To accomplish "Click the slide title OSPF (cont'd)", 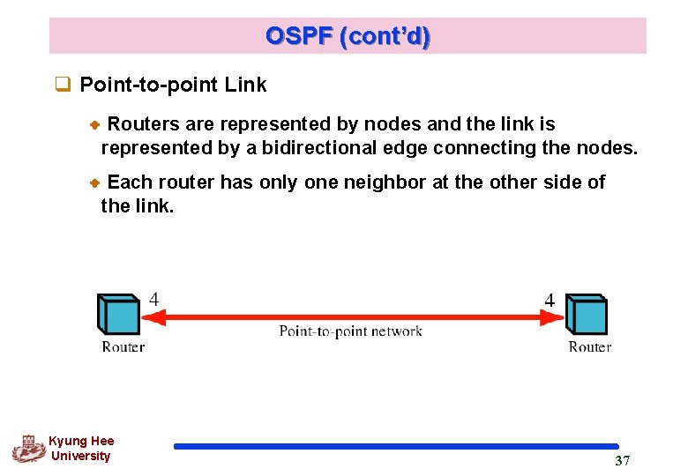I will pyautogui.click(x=348, y=36).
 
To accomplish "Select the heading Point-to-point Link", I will pyautogui.click(x=173, y=86).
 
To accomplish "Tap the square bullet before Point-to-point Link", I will pyautogui.click(x=63, y=86).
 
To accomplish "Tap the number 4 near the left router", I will pyautogui.click(x=153, y=299).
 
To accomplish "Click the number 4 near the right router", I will pyautogui.click(x=550, y=301).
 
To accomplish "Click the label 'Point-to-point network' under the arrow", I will pyautogui.click(x=350, y=331).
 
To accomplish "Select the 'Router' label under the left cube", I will pyautogui.click(x=123, y=346).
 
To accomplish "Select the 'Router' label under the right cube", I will pyautogui.click(x=589, y=346).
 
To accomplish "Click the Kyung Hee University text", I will pyautogui.click(x=81, y=449).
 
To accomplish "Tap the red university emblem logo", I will pyautogui.click(x=29, y=449).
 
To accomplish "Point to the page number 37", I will pyautogui.click(x=622, y=461).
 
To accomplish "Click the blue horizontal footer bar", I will pyautogui.click(x=396, y=446).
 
